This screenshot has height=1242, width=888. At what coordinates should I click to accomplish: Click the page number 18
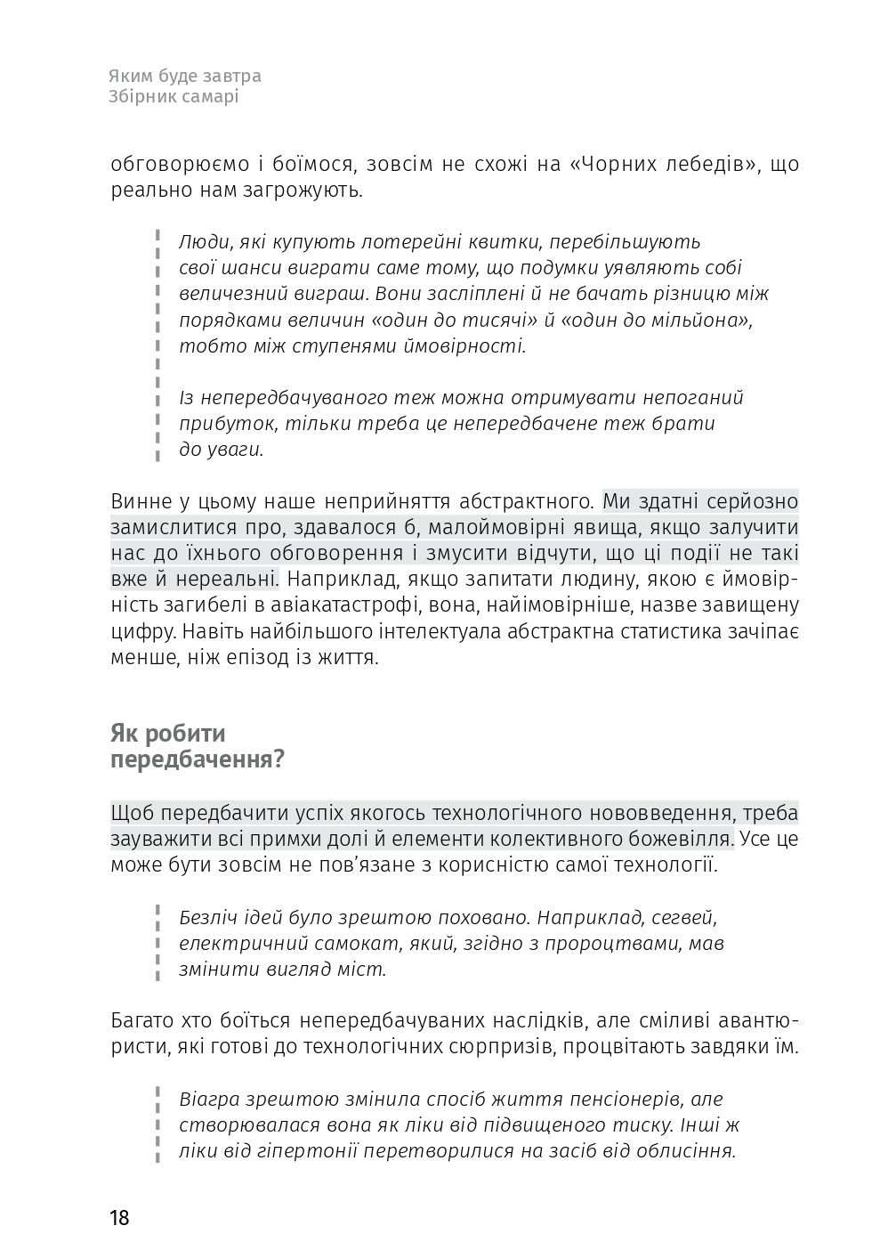pyautogui.click(x=120, y=1217)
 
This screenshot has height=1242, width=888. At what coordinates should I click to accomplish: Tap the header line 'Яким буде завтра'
pyautogui.click(x=185, y=77)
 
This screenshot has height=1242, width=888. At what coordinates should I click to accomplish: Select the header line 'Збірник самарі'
pyautogui.click(x=174, y=97)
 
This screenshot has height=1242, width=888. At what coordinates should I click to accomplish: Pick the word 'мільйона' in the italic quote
pyautogui.click(x=706, y=321)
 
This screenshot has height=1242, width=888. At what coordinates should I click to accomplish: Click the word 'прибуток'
pyautogui.click(x=219, y=424)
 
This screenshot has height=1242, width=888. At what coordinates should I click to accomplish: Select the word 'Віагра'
pyautogui.click(x=210, y=1099)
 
